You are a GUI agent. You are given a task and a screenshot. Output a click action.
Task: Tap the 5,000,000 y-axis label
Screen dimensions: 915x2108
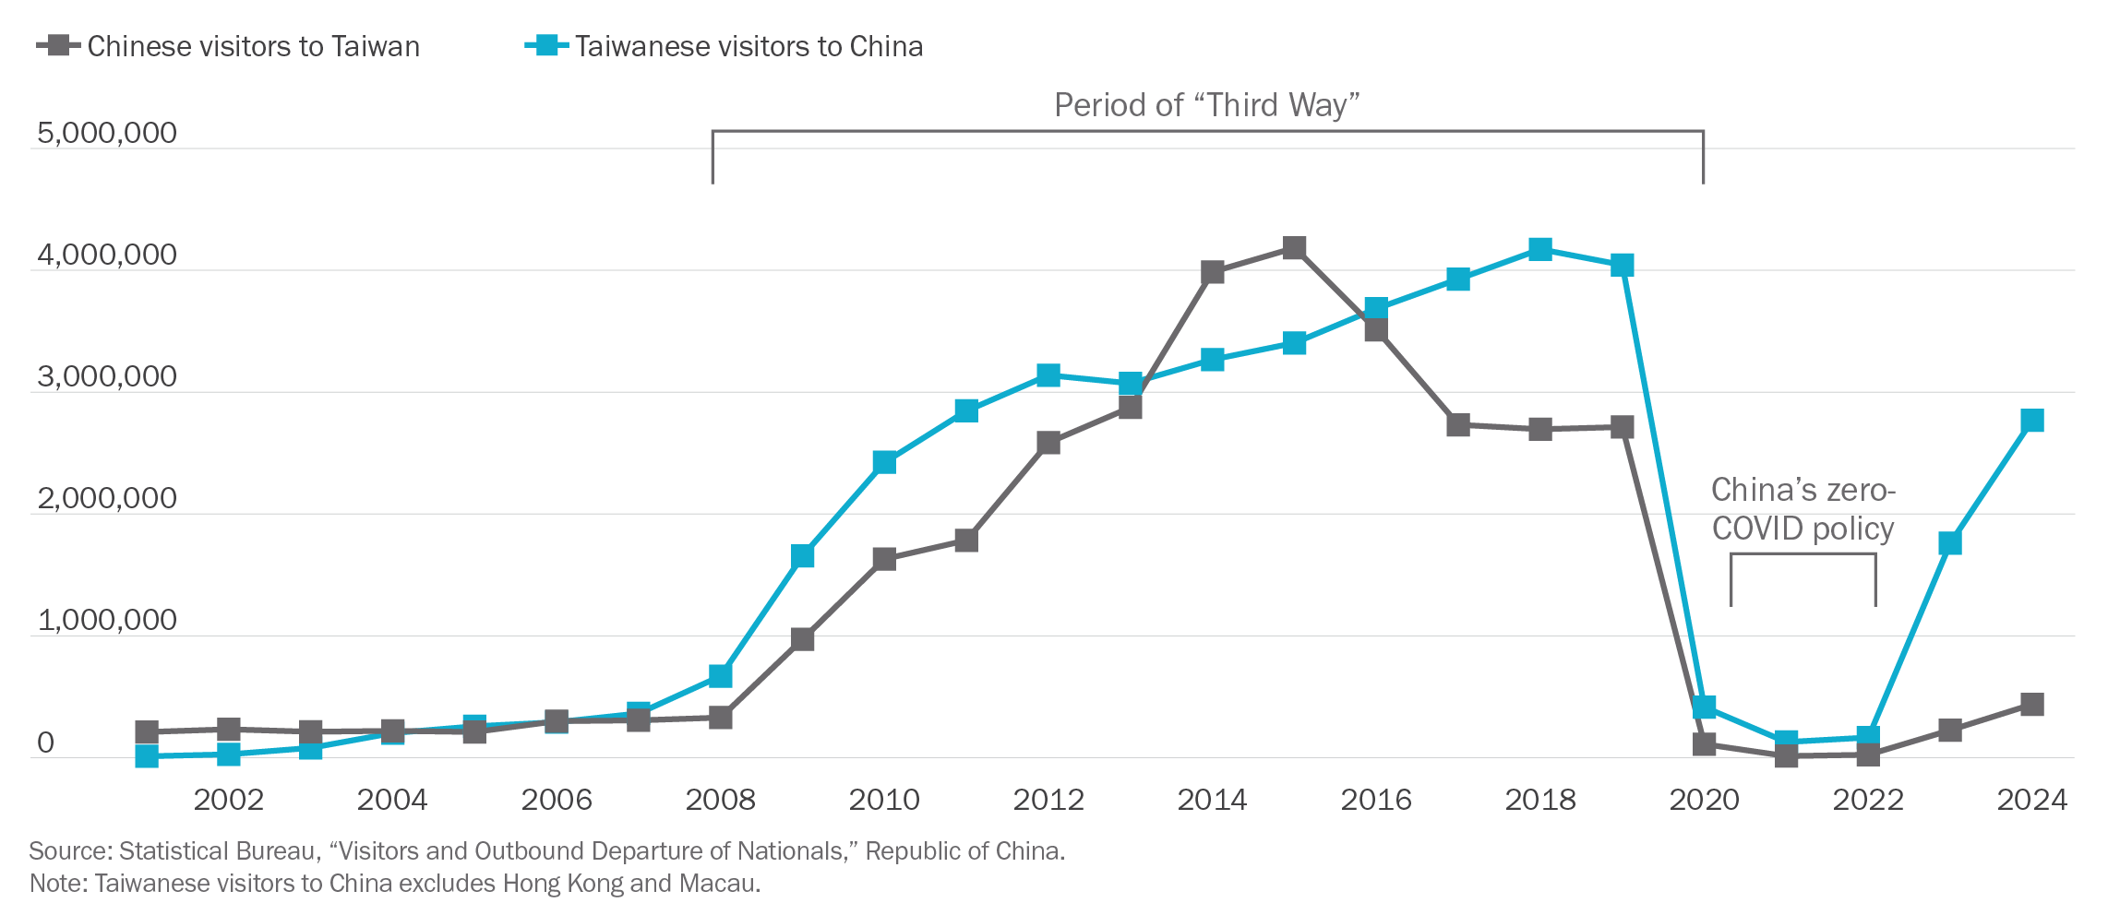(106, 133)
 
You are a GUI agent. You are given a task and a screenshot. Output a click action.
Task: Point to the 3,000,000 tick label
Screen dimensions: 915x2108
(106, 376)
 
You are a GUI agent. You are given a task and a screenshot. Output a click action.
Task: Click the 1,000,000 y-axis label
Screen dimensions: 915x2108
(106, 620)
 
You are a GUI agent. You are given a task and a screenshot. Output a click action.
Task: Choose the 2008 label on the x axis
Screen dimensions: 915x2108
(720, 799)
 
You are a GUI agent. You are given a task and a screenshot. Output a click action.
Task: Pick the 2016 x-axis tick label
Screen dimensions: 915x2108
(1376, 799)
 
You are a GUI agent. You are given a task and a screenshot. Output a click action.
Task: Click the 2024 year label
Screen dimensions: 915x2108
(2031, 799)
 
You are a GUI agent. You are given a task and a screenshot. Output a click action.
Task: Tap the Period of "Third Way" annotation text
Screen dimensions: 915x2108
(1207, 105)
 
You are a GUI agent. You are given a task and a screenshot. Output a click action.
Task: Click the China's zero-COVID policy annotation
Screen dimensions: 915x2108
(1803, 509)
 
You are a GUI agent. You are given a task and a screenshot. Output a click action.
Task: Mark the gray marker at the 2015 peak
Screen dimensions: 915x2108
(1295, 248)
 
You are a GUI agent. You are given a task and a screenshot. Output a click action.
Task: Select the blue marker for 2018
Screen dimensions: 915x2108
(1539, 249)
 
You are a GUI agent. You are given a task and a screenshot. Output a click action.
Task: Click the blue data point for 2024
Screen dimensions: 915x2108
(2031, 421)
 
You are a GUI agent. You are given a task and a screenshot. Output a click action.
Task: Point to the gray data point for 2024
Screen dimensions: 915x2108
(2031, 705)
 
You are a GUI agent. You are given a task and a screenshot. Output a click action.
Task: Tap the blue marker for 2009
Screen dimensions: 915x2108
(803, 556)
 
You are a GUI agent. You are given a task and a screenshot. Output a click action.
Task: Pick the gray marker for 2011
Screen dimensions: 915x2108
(966, 541)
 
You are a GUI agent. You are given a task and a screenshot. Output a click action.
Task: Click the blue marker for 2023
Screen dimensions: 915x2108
(1950, 543)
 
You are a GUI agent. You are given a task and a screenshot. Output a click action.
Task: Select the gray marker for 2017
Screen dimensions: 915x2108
(1458, 425)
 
